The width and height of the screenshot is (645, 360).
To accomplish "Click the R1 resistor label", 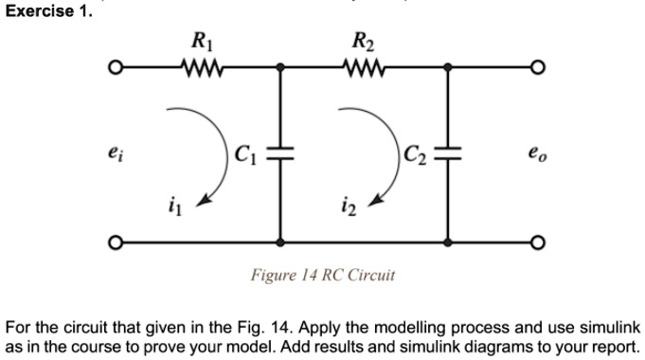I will [200, 41].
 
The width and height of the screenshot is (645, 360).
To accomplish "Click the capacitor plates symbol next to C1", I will [280, 151].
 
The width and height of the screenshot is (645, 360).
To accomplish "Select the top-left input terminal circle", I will [115, 68].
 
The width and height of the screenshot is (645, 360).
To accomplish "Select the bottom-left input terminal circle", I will [115, 243].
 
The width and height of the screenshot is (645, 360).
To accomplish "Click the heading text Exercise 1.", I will [49, 12].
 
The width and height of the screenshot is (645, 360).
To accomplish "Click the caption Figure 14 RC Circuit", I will [322, 276].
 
